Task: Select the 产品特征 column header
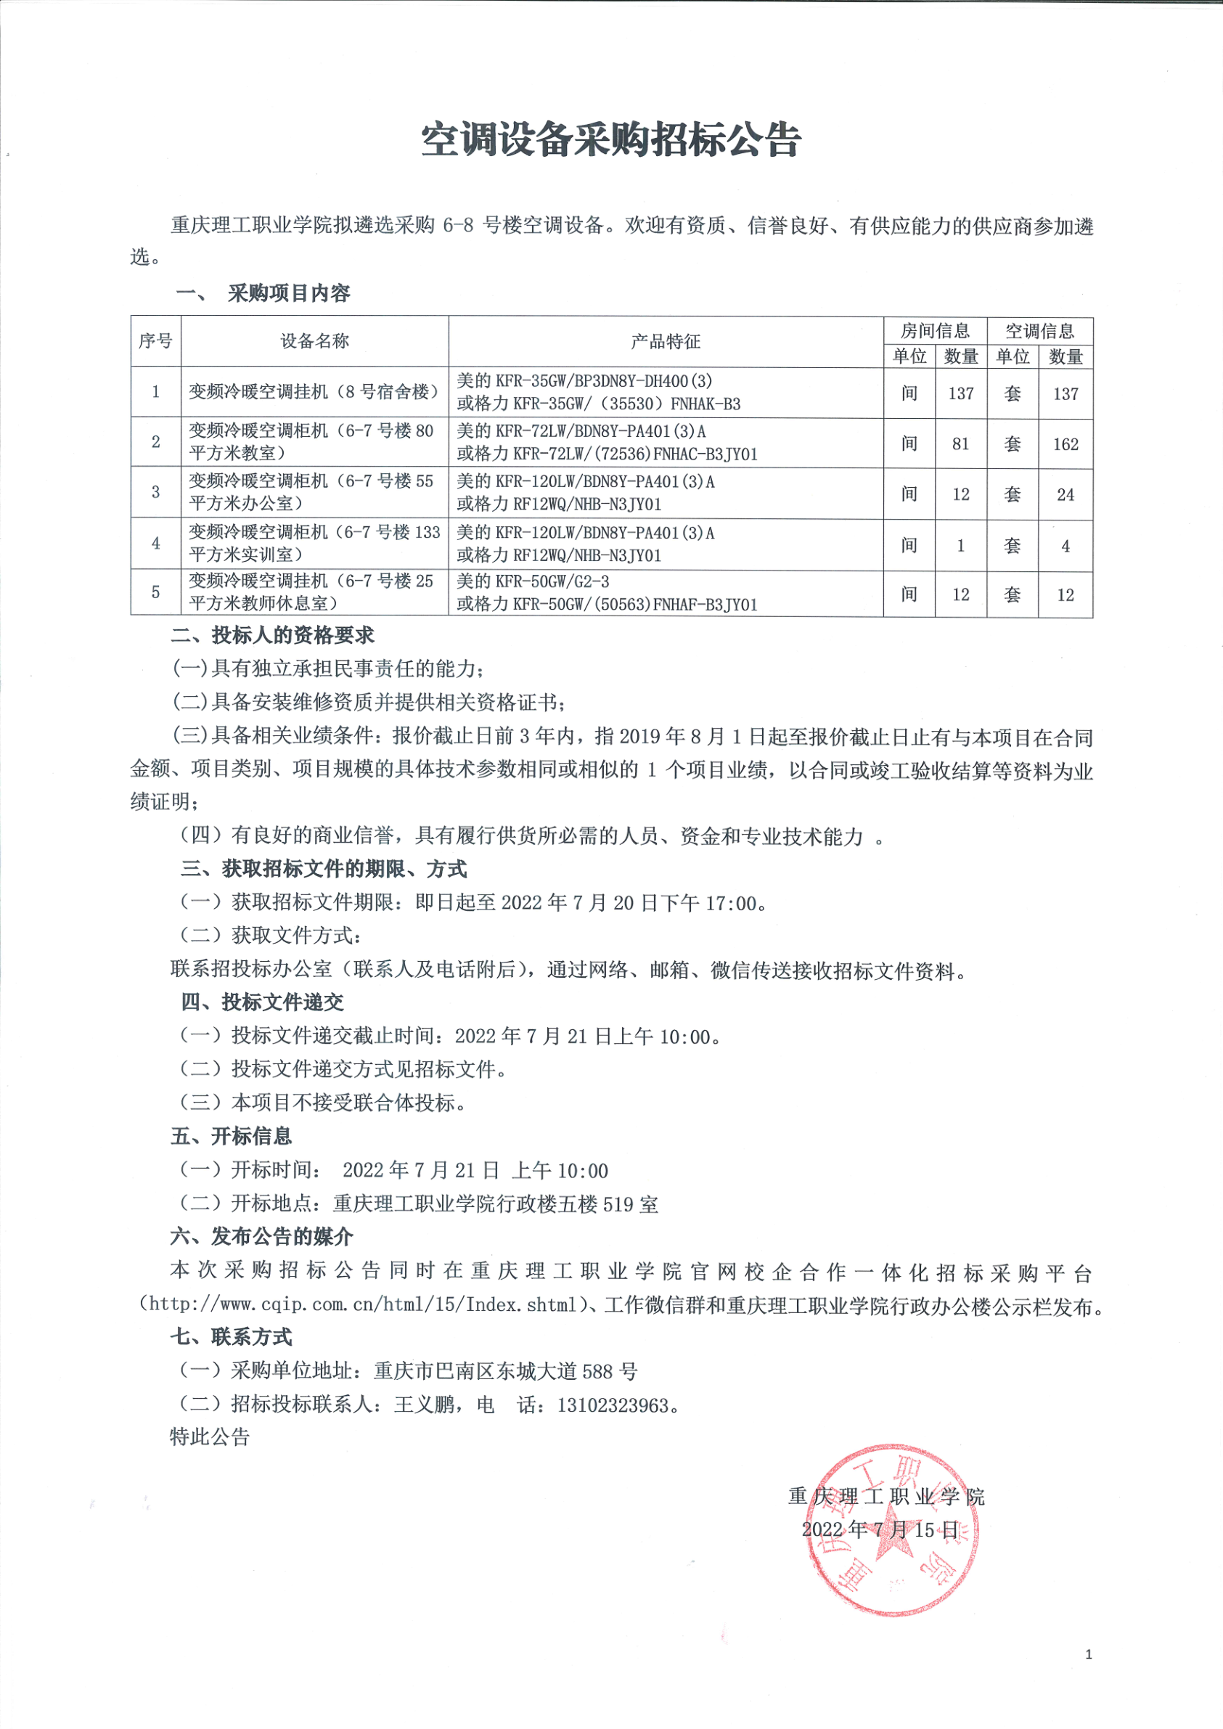point(665,341)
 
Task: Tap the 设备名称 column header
point(314,341)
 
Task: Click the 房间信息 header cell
point(935,330)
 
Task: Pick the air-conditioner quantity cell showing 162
point(1065,444)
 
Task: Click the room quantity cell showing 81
point(960,444)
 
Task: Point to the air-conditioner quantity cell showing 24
point(1065,495)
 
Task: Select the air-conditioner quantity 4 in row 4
point(1065,546)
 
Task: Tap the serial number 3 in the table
point(156,492)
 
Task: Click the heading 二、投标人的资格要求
point(272,636)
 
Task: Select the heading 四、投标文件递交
point(261,1002)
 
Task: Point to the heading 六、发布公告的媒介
point(261,1235)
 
